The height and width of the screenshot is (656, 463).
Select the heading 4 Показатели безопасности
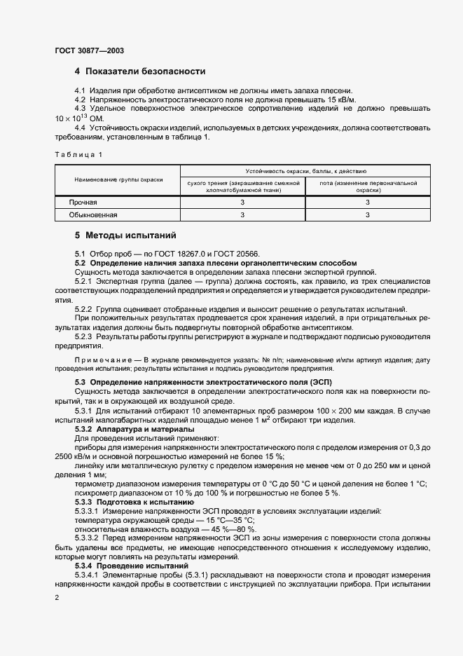point(139,71)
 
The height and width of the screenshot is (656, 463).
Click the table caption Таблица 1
point(78,153)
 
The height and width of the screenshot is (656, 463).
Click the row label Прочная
point(83,203)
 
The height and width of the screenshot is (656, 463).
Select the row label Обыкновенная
point(92,216)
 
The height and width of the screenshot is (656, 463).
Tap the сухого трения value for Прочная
point(243,203)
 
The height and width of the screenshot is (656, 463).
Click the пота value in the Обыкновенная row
point(368,216)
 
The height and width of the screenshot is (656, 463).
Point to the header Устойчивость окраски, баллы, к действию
point(305,171)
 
